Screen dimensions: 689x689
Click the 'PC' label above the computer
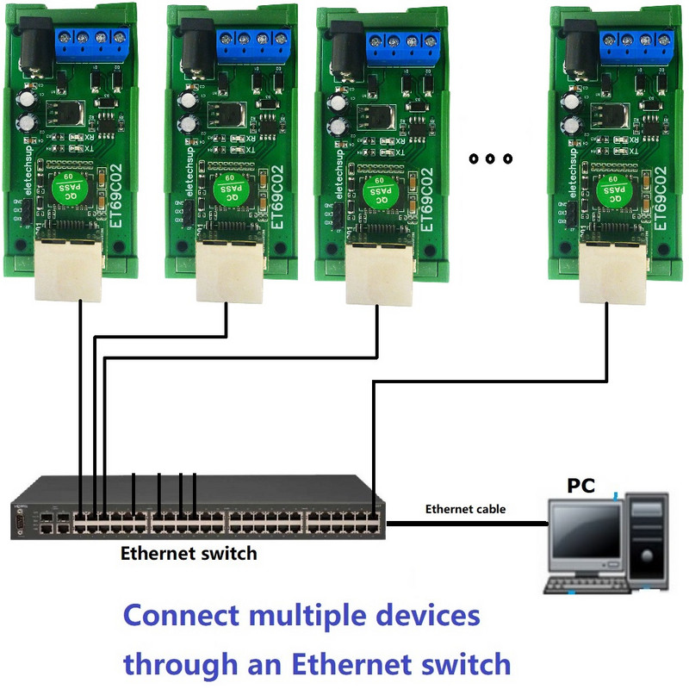[x=580, y=486]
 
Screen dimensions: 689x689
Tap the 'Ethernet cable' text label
[x=465, y=509]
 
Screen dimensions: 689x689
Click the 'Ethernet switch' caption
[x=189, y=553]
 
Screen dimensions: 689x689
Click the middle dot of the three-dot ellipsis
[x=490, y=158]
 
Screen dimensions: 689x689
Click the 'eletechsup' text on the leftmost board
[x=26, y=171]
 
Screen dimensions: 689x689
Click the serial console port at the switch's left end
[x=19, y=521]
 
